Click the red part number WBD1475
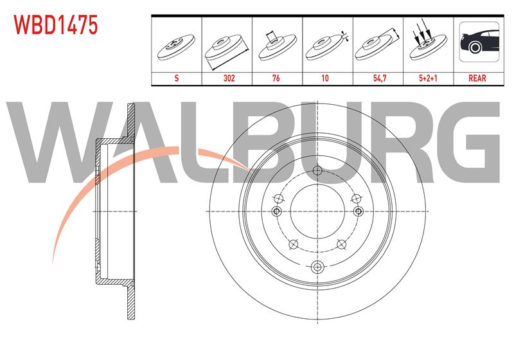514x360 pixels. [x=56, y=24]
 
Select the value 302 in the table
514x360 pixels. [x=229, y=78]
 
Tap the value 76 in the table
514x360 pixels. [x=276, y=78]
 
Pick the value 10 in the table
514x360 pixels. [x=325, y=78]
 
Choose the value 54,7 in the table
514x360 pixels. [x=380, y=78]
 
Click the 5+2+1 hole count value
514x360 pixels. [x=428, y=78]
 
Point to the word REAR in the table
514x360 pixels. [x=477, y=78]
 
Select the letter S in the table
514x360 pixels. [x=176, y=78]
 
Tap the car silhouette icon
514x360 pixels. [x=479, y=42]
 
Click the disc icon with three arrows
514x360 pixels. [x=428, y=42]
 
